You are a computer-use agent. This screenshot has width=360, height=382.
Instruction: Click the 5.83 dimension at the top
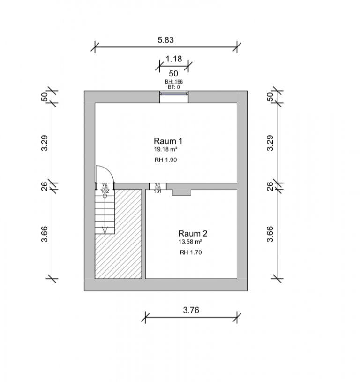[x=165, y=40]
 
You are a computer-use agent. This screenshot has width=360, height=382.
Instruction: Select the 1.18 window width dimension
[x=173, y=59]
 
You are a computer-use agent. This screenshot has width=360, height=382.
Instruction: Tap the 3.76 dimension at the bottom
[x=191, y=310]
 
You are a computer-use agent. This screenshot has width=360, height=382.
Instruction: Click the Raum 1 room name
[x=168, y=141]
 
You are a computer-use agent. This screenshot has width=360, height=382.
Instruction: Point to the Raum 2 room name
[x=193, y=233]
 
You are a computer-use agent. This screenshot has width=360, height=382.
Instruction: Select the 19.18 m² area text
[x=165, y=149]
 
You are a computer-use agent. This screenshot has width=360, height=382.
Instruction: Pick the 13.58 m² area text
[x=190, y=242]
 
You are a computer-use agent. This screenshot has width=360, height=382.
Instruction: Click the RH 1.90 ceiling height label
[x=166, y=160]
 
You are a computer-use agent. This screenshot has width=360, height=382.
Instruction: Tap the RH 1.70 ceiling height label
[x=191, y=252]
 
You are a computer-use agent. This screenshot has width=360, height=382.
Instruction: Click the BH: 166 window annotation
[x=174, y=81]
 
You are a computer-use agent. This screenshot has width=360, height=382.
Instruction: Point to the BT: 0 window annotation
[x=174, y=87]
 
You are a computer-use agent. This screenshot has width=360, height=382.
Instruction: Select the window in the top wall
[x=174, y=94]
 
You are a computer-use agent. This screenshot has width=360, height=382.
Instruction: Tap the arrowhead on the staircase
[x=105, y=230]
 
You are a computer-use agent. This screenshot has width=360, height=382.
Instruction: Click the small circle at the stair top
[x=105, y=196]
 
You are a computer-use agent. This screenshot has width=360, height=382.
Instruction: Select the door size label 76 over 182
[x=105, y=188]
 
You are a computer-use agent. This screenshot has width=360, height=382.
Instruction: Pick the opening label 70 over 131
[x=157, y=188]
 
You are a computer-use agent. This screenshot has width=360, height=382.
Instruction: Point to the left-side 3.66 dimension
[x=45, y=234]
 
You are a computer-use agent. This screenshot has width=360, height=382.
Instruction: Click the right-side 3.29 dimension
[x=270, y=143]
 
